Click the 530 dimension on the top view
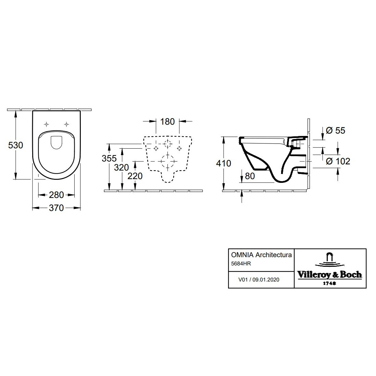click(16, 145)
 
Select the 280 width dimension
click(57, 195)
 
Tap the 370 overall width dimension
click(57, 208)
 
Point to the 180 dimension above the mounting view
click(167, 122)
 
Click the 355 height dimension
click(109, 159)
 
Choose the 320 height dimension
click(121, 167)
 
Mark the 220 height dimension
click(135, 176)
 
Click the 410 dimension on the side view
click(224, 163)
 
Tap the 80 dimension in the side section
click(250, 176)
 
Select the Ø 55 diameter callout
click(336, 130)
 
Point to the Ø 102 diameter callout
click(338, 161)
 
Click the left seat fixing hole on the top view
click(47, 124)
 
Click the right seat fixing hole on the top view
click(66, 124)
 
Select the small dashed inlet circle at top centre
click(167, 144)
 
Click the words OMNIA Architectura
click(261, 255)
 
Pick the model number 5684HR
click(241, 264)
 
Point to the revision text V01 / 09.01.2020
click(259, 279)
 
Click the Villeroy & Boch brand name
click(330, 275)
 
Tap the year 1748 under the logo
click(329, 283)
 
